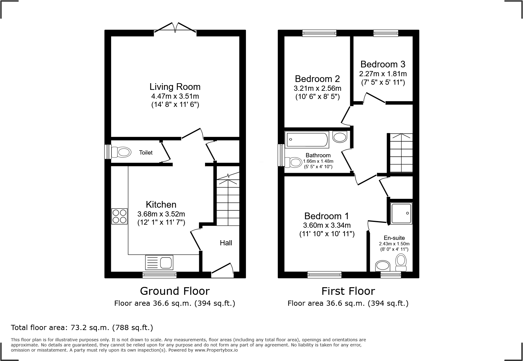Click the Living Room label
(175, 87)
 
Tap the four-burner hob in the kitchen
(119, 216)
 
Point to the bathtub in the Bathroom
(307, 140)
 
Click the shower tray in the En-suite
(401, 213)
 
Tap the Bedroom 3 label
(383, 64)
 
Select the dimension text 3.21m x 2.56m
(317, 89)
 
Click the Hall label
(226, 243)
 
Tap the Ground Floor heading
(175, 291)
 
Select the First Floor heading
(348, 291)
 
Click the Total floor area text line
(82, 328)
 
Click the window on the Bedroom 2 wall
(319, 33)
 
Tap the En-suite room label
(394, 238)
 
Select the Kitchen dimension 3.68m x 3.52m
(161, 214)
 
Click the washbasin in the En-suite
(383, 266)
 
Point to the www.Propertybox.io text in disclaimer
(216, 350)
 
